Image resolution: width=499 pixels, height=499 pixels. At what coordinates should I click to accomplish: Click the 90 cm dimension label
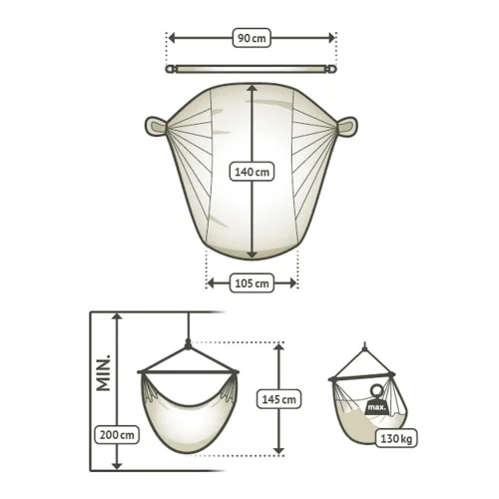tap(251, 38)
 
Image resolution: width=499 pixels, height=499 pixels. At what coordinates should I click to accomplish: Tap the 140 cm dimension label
tap(251, 172)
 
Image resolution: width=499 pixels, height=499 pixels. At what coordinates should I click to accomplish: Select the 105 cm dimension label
tap(251, 283)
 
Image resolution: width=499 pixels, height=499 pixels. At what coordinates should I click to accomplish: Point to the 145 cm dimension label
tap(278, 399)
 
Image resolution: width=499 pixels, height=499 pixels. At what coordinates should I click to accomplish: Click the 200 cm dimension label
tap(117, 435)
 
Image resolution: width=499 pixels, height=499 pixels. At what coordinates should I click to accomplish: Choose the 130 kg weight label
tap(396, 438)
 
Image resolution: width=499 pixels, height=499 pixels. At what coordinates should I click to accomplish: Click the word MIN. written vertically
tap(104, 372)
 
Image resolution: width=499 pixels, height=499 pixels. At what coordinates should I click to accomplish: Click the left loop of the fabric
tap(156, 126)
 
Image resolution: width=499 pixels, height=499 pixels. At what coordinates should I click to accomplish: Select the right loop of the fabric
tap(347, 126)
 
